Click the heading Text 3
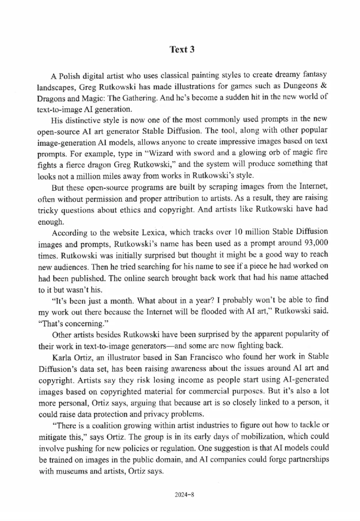tap(182, 49)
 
